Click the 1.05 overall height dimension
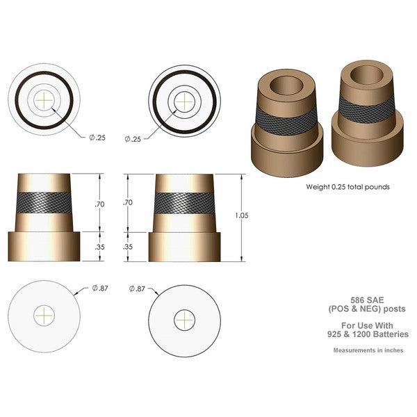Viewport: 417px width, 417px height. pos(242,215)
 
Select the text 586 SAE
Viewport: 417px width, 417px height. pos(375,299)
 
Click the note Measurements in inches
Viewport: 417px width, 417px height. pos(368,350)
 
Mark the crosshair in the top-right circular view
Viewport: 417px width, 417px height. pos(184,100)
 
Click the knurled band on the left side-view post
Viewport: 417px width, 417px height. pos(45,203)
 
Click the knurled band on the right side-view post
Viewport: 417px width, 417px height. pos(184,203)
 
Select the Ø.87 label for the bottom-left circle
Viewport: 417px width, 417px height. pos(100,287)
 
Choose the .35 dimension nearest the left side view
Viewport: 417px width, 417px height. pos(99,247)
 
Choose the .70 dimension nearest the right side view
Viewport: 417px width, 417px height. pos(127,202)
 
